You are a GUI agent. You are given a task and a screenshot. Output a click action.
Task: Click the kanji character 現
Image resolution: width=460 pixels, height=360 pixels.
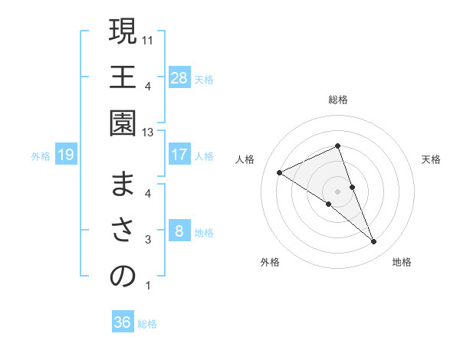coord(123,33)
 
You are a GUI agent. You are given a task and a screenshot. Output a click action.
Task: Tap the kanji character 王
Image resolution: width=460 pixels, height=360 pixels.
coord(123,77)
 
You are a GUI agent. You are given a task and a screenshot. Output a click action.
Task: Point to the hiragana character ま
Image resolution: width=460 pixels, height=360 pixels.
coord(123,186)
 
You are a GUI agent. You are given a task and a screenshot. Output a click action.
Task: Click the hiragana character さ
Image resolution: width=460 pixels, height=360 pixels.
coord(123,231)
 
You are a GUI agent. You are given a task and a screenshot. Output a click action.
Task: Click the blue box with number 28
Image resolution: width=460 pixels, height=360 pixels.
coord(179,78)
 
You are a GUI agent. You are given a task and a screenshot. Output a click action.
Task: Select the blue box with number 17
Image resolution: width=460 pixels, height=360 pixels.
coord(179,155)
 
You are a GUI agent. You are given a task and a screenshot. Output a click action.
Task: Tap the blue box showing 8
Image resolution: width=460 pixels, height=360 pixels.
coord(179,231)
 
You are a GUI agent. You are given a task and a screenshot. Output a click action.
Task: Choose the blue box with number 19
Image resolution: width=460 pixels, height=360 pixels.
coord(66,155)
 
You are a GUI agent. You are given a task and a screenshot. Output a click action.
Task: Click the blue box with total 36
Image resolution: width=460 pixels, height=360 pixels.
coord(123,322)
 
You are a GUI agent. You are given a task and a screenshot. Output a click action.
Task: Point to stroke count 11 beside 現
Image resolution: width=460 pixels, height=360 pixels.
coord(149,38)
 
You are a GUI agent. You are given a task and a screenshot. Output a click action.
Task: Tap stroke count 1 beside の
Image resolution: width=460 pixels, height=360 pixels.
coord(148,286)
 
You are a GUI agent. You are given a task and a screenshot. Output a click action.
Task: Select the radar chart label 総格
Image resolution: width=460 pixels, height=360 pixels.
coord(337,100)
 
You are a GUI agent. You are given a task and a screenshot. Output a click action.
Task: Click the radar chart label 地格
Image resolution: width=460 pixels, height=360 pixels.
coord(402,262)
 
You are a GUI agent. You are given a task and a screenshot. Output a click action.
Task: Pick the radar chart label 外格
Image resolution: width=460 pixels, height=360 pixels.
coord(270,262)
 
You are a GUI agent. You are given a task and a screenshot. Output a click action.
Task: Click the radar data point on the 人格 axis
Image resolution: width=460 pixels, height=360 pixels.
coord(280,172)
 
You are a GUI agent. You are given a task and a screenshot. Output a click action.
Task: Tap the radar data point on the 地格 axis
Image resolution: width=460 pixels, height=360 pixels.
coord(374,241)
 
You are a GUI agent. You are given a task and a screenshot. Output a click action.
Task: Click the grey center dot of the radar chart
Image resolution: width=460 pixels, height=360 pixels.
coord(337,191)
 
